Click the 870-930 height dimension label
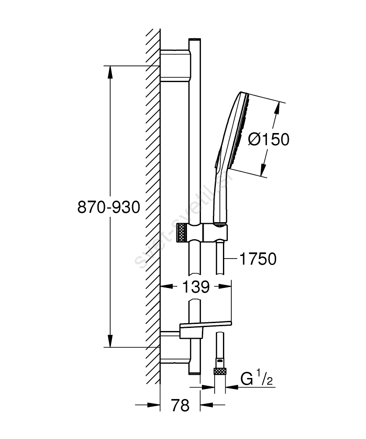point(108,207)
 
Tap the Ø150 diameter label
point(269,139)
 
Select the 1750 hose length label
point(258,259)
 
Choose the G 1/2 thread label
point(257,378)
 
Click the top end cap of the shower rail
point(194,40)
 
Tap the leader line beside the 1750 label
point(230,259)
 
